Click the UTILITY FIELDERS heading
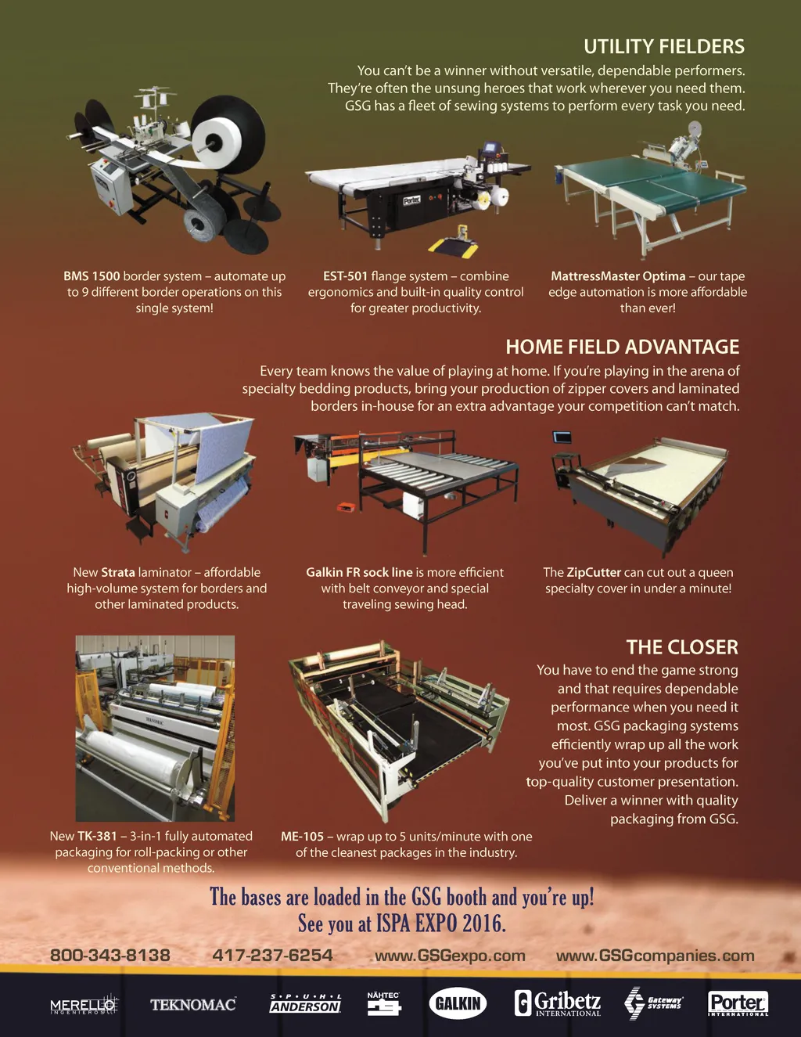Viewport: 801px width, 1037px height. coord(663,47)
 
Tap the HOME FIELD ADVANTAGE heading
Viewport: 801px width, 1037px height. coord(622,347)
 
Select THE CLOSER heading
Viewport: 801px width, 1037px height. coord(682,647)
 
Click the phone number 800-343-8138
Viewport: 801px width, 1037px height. coord(110,955)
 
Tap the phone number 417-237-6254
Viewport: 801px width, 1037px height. coord(272,955)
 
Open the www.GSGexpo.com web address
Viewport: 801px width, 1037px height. coord(450,956)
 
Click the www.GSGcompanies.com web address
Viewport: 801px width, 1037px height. coord(655,956)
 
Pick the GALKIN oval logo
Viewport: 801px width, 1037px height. coord(458,1003)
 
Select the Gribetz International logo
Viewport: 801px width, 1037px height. coord(558,1003)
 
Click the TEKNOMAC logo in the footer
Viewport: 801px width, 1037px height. coord(193,1005)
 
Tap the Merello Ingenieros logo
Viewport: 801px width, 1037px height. coord(84,1006)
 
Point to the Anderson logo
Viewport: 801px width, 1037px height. coord(306,1003)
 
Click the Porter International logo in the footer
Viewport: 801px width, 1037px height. coord(738,1003)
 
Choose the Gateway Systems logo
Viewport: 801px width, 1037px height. coord(653,1003)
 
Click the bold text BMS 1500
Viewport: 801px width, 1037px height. coord(92,276)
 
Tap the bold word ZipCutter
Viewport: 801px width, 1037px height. coord(594,572)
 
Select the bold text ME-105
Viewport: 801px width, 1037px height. coord(302,836)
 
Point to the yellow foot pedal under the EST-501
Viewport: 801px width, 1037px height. coord(453,243)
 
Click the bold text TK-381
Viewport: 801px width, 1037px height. coord(97,836)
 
